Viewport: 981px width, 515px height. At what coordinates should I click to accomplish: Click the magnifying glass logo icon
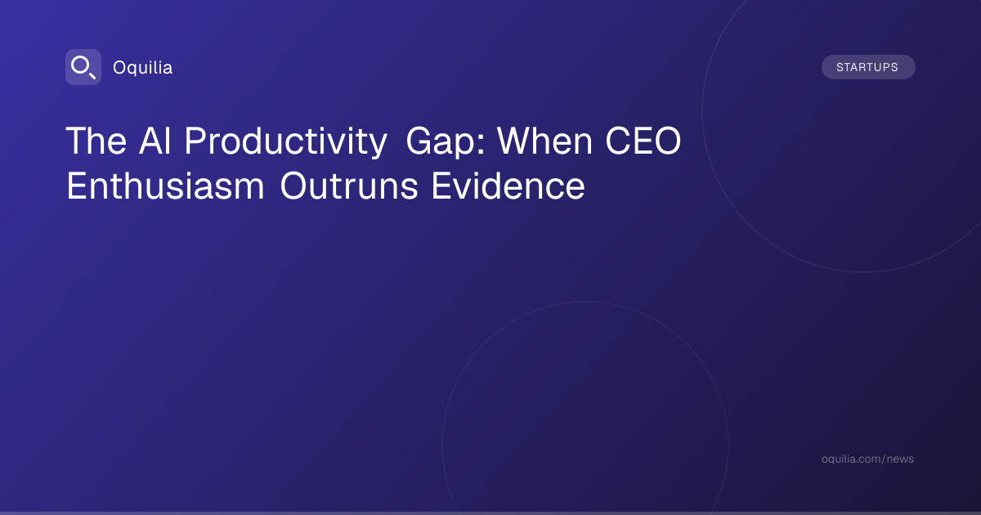(x=83, y=67)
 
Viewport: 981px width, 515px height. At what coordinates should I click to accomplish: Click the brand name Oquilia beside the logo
(x=143, y=68)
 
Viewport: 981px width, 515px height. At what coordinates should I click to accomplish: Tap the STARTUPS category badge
(x=868, y=67)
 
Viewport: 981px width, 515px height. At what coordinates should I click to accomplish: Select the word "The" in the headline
(x=96, y=141)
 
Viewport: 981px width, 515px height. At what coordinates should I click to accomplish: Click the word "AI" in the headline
(x=155, y=141)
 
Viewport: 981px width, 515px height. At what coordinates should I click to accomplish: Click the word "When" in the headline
(x=544, y=141)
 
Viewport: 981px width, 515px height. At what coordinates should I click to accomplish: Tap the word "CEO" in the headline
(x=643, y=141)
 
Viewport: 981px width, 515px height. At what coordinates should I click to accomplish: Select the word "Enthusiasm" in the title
(x=165, y=186)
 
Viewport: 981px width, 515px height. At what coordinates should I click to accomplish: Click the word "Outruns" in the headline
(x=349, y=186)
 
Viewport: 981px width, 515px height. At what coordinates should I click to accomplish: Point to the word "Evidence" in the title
(x=508, y=186)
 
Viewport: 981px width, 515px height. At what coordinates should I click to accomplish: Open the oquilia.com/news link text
(x=867, y=459)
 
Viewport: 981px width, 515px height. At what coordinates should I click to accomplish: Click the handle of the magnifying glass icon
(x=92, y=76)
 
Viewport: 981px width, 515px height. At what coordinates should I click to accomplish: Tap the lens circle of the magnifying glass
(x=80, y=65)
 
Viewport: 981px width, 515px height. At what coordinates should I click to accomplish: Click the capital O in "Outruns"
(x=295, y=186)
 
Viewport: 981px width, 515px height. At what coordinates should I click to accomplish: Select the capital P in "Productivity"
(x=195, y=141)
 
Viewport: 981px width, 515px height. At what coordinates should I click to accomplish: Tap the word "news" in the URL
(x=900, y=459)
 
